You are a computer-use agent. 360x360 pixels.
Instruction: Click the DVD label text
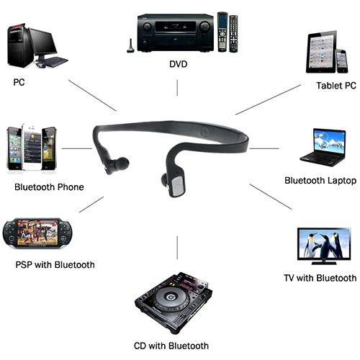(x=178, y=64)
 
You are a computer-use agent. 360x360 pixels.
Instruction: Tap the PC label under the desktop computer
(x=19, y=82)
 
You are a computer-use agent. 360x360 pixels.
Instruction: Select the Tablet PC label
(x=336, y=86)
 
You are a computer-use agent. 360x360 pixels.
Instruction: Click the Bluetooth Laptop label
(x=320, y=181)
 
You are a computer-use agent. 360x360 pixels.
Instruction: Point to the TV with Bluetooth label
(x=320, y=278)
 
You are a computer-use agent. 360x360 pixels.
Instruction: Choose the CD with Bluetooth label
(x=171, y=346)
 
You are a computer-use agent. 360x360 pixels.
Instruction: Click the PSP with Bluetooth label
(x=55, y=265)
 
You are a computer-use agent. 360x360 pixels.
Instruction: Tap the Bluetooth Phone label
(x=49, y=187)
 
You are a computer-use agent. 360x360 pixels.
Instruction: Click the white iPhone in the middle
(x=32, y=147)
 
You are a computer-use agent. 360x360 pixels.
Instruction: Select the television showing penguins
(x=324, y=246)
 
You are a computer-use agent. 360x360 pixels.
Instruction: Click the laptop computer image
(x=323, y=148)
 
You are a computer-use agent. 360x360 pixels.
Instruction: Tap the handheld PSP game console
(x=37, y=233)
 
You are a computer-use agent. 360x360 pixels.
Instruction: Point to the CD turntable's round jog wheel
(x=171, y=297)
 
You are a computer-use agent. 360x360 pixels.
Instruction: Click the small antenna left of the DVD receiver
(x=130, y=46)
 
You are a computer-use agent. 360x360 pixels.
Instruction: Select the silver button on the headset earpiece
(x=178, y=185)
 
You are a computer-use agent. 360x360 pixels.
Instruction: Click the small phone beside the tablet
(x=341, y=61)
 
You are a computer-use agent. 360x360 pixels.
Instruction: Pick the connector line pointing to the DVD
(x=177, y=88)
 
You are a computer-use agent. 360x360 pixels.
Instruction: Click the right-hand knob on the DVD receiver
(x=204, y=27)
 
